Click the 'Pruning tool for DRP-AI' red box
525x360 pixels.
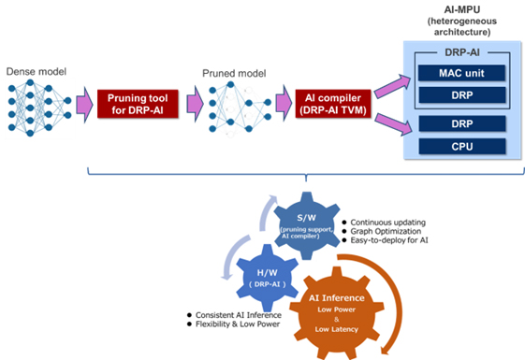pos(139,103)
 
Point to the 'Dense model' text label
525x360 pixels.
pos(34,72)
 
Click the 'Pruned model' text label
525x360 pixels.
pos(231,73)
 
